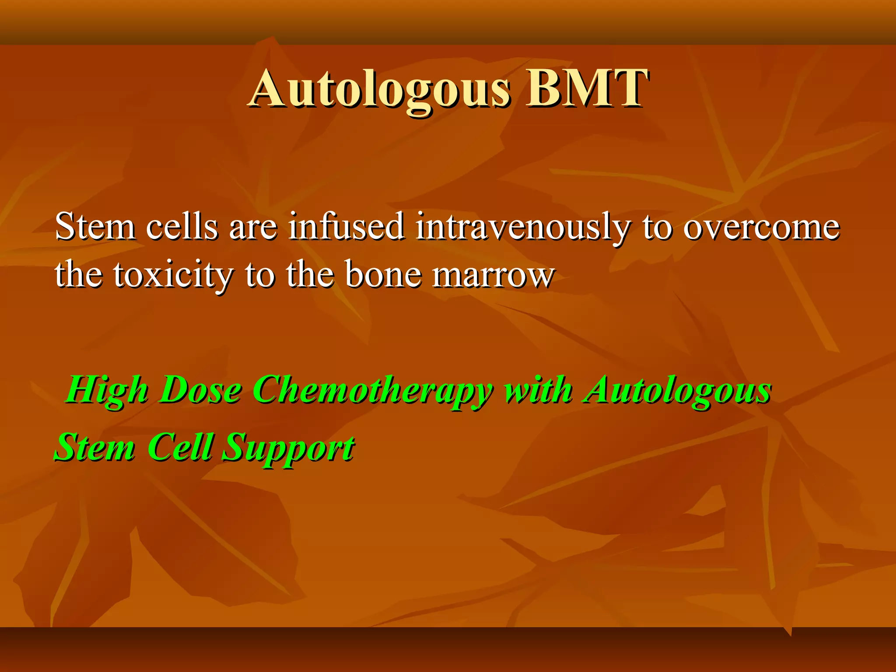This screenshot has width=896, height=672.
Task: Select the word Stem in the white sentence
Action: (x=95, y=227)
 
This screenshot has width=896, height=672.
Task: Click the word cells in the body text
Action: (x=182, y=227)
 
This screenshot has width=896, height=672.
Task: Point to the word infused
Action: (x=346, y=227)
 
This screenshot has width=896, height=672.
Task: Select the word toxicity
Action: (x=172, y=275)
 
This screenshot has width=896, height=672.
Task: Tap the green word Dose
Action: (x=200, y=389)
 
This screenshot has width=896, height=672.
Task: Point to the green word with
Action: (x=538, y=389)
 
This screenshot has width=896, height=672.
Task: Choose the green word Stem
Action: (x=94, y=447)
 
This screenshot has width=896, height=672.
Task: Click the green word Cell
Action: (x=180, y=447)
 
